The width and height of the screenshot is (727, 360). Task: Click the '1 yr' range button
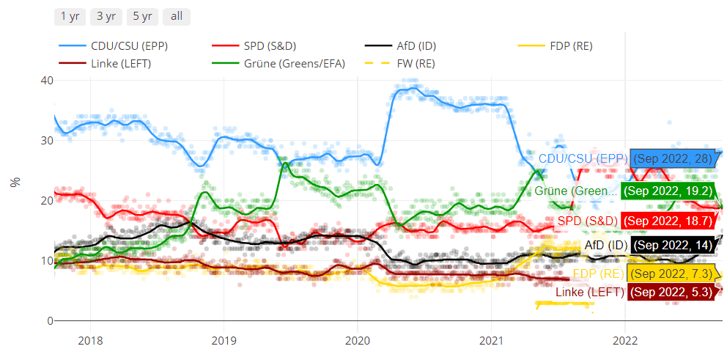pos(70,16)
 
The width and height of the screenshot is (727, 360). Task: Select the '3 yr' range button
pos(106,16)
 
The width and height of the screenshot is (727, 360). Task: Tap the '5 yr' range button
pos(142,16)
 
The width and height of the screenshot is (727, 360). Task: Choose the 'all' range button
pos(177,16)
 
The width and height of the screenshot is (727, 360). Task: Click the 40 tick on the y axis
pos(46,80)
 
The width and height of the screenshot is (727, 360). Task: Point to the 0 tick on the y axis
pos(49,321)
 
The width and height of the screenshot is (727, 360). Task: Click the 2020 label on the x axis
pos(357,340)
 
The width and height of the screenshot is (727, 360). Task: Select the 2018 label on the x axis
pos(90,340)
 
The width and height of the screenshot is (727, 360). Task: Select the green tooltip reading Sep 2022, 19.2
pos(667,191)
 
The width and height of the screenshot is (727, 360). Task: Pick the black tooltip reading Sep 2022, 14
pos(672,245)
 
